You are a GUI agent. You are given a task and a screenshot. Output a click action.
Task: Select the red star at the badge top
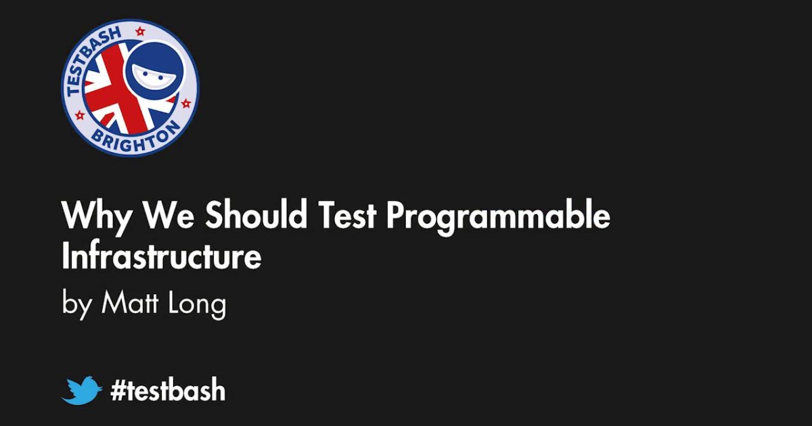pyautogui.click(x=140, y=31)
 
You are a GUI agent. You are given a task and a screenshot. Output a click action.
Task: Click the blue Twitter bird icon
pyautogui.click(x=82, y=391)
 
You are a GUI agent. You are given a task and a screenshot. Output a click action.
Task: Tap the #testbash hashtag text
pyautogui.click(x=167, y=391)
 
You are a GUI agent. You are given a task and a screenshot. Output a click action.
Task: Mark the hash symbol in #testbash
pyautogui.click(x=119, y=391)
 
